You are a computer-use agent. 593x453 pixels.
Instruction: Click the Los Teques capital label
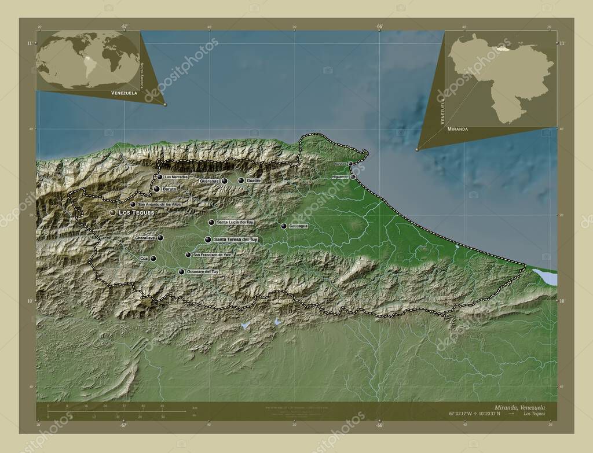pyautogui.click(x=137, y=212)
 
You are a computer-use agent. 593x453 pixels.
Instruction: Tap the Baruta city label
pyautogui.click(x=169, y=189)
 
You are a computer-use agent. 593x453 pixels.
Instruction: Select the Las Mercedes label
pyautogui.click(x=177, y=176)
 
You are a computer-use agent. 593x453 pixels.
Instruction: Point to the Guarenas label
pyautogui.click(x=209, y=181)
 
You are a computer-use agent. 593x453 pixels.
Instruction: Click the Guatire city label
pyautogui.click(x=254, y=181)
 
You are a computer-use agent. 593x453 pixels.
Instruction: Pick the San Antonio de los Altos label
pyautogui.click(x=159, y=204)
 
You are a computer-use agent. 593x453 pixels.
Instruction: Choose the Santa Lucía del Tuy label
pyautogui.click(x=235, y=222)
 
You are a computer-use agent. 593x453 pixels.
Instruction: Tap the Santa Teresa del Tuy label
pyautogui.click(x=235, y=239)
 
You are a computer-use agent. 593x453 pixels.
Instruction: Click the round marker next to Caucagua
pyautogui.click(x=284, y=226)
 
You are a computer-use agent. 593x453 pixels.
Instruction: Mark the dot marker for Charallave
pyautogui.click(x=160, y=238)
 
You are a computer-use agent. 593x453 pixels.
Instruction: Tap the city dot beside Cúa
pyautogui.click(x=153, y=259)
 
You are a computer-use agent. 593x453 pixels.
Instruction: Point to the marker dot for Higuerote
pyautogui.click(x=353, y=176)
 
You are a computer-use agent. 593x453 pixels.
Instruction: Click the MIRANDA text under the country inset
pyautogui.click(x=457, y=130)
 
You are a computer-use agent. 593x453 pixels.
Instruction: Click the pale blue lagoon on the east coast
pyautogui.click(x=545, y=277)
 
